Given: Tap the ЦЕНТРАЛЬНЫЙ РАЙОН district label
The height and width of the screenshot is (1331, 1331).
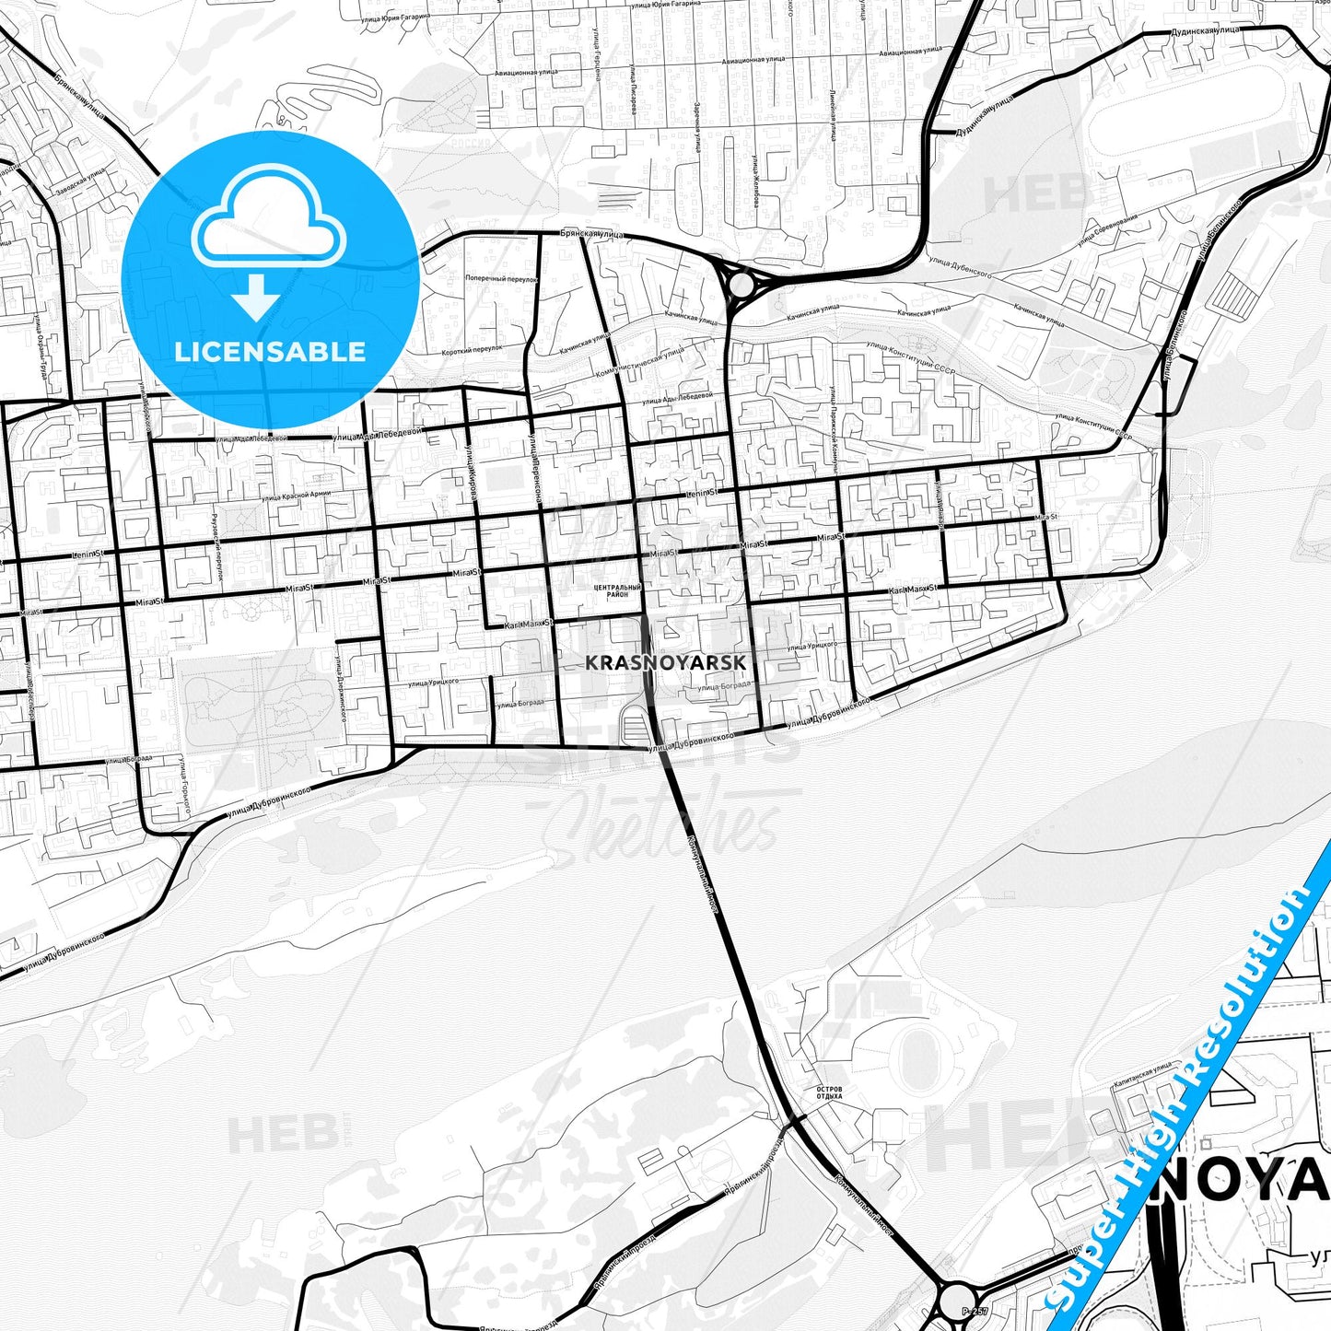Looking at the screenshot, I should coord(617,590).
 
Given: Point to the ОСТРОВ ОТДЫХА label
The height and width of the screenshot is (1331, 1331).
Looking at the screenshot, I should coord(829,1093).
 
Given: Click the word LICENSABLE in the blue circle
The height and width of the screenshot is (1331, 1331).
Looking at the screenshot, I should coord(270,351).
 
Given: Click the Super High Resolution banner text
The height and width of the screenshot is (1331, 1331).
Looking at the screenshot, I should coord(1188,1087).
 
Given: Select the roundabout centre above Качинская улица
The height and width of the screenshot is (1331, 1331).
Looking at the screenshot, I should coord(741,284).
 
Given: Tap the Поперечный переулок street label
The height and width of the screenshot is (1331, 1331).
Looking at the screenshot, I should coord(500,278).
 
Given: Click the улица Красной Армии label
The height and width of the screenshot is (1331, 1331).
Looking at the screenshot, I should coord(295,496).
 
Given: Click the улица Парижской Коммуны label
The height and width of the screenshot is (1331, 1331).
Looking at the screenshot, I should coord(832,432).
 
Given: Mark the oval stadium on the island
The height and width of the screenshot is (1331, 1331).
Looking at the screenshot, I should coord(917,1055).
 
